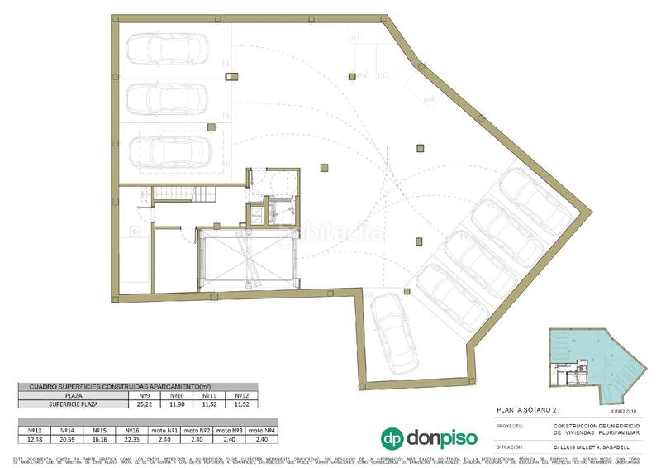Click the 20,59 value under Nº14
pyautogui.click(x=69, y=439)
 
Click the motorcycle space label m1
pyautogui.click(x=353, y=39)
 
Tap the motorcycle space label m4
pyautogui.click(x=429, y=100)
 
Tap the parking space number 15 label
pyautogui.click(x=226, y=115)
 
